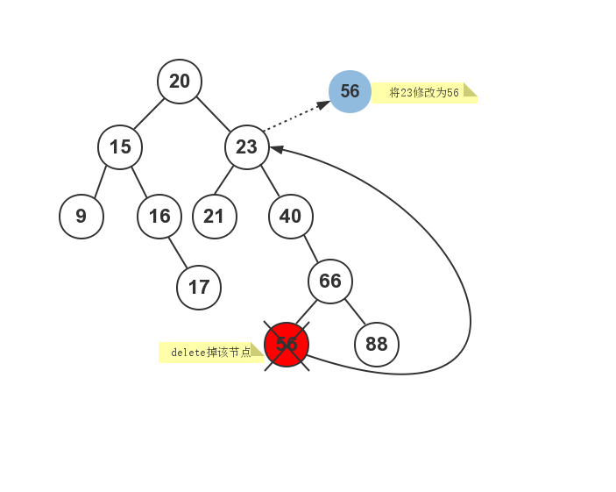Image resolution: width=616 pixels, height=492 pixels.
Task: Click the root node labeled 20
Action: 180,82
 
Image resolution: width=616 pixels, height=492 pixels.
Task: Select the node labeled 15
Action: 120,146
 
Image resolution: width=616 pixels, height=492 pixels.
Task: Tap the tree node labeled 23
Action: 246,146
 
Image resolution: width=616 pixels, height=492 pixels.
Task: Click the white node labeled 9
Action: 81,216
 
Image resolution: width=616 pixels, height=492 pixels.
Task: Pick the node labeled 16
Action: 159,216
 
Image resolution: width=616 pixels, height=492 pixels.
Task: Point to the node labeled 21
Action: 215,216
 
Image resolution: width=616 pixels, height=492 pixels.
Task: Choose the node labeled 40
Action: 291,216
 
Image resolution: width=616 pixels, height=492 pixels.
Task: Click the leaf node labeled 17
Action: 199,287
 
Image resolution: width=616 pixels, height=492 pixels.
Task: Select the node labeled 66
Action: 330,282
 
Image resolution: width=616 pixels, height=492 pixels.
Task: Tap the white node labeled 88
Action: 377,344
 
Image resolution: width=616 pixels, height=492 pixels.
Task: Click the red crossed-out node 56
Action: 287,344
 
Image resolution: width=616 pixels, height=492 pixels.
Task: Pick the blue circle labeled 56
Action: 350,91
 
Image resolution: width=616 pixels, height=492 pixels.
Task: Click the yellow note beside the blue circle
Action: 424,93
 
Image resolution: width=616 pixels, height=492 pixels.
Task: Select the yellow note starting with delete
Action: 210,353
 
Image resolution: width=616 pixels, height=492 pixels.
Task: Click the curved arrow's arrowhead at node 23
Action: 276,150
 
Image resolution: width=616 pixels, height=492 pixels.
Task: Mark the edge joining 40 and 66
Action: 310,248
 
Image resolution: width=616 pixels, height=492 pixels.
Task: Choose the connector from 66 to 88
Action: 354,312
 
